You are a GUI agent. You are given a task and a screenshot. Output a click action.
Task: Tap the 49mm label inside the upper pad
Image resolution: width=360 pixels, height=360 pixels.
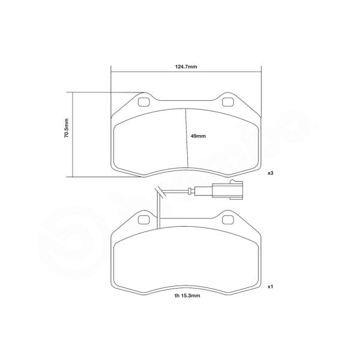point(198,137)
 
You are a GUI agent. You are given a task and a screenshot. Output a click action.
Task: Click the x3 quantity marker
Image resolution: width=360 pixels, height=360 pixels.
point(271,173)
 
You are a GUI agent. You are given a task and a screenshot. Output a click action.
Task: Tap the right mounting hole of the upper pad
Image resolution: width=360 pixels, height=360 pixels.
point(229,101)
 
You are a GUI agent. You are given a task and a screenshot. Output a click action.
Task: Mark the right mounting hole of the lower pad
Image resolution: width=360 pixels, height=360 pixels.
point(229,220)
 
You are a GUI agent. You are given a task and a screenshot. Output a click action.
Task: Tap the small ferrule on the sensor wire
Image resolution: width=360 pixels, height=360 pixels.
point(190,193)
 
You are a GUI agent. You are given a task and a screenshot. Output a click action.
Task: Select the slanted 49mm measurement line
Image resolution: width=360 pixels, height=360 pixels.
point(186,138)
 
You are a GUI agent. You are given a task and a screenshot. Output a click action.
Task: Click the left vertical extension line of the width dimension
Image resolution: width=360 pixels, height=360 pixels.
point(111,90)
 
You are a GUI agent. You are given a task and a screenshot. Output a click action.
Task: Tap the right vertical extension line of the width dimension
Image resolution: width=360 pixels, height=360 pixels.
point(262,90)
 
